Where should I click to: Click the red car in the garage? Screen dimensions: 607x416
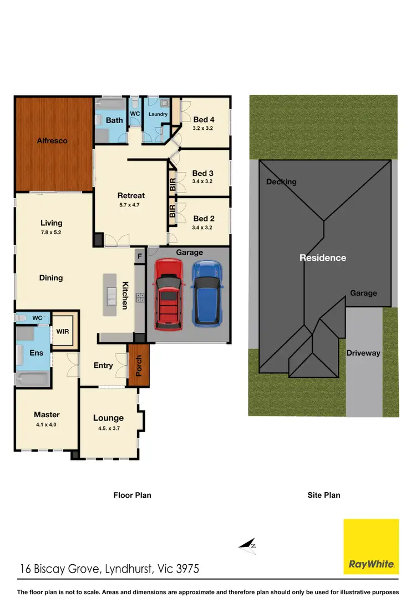click(168, 293)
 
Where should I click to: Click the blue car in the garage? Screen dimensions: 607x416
click(207, 293)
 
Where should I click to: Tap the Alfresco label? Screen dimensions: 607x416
click(52, 141)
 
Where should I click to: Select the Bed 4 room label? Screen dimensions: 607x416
click(204, 120)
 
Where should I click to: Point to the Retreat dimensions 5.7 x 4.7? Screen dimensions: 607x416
click(131, 205)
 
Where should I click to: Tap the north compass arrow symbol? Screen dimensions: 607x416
click(247, 545)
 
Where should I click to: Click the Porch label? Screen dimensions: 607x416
click(139, 366)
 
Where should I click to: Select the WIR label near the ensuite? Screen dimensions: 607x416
click(62, 332)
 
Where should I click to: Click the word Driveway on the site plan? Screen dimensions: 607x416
click(363, 353)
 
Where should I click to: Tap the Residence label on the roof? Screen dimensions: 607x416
click(323, 258)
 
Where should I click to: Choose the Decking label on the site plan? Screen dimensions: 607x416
click(281, 182)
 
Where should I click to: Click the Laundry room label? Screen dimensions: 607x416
click(158, 114)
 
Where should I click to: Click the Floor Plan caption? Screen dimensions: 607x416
click(132, 495)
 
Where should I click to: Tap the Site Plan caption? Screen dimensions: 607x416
click(324, 495)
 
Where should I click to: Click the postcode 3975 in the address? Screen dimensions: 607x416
click(187, 569)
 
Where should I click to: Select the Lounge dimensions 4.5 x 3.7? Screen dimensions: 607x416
click(108, 428)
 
